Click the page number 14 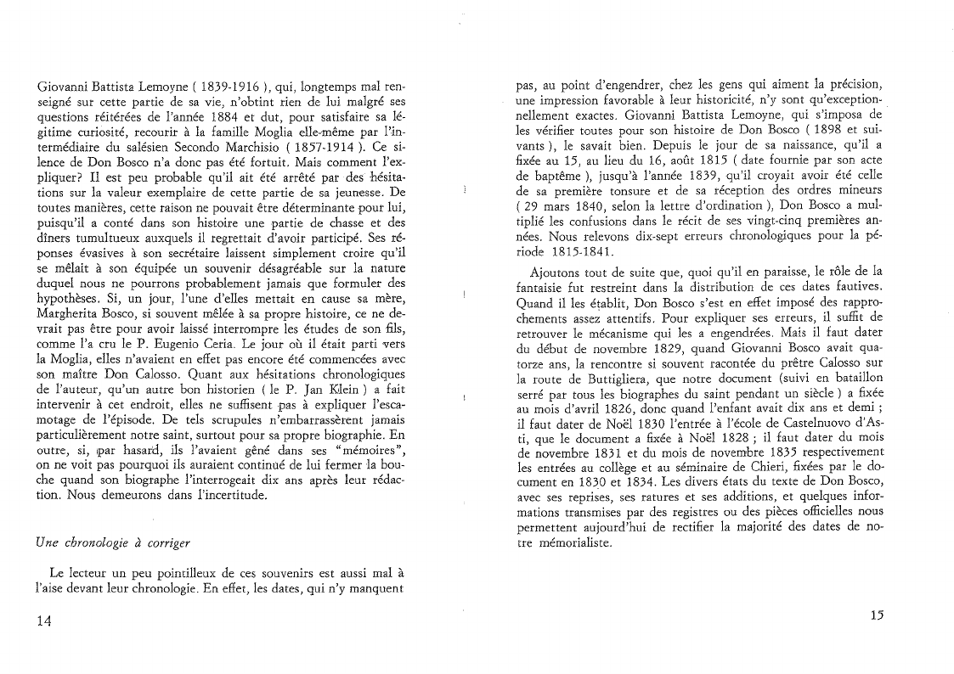(x=45, y=621)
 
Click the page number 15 (x=878, y=616)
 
